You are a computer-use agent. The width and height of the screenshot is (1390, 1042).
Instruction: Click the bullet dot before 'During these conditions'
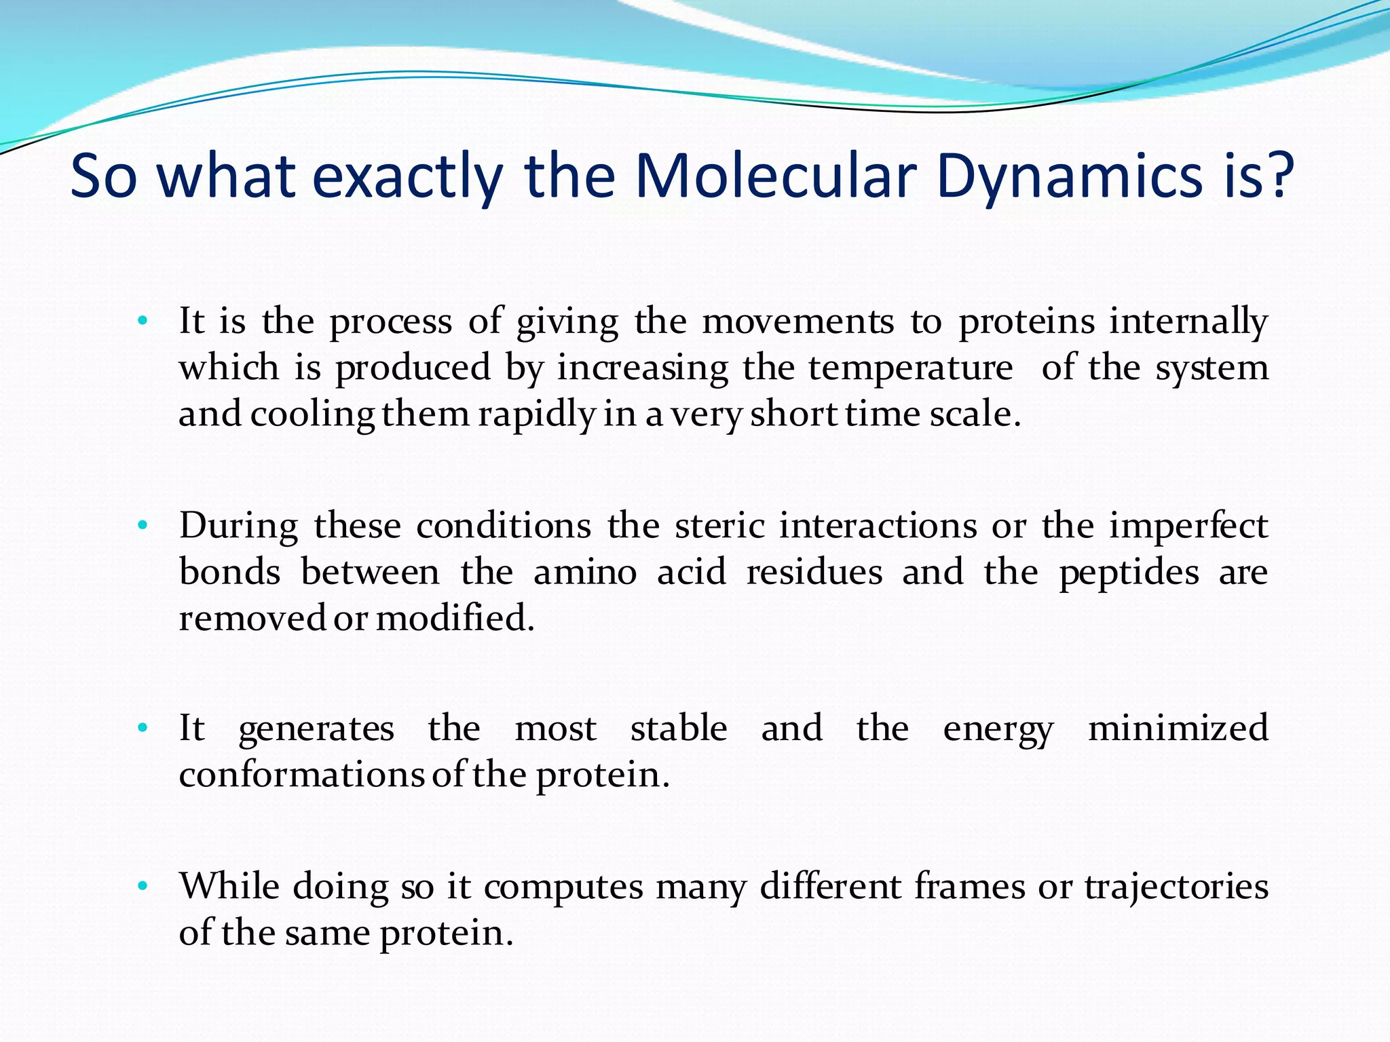142,526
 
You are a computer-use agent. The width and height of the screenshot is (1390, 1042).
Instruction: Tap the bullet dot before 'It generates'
142,729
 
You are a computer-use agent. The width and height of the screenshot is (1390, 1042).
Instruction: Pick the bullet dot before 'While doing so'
142,886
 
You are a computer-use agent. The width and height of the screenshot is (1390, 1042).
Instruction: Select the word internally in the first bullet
1188,322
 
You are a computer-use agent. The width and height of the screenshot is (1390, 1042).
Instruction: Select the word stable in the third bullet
678,729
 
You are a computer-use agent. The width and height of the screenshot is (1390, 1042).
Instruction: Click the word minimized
1178,729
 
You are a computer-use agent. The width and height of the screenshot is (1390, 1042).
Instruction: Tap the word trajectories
1176,887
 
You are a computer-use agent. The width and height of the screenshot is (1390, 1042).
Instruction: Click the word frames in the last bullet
969,886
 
